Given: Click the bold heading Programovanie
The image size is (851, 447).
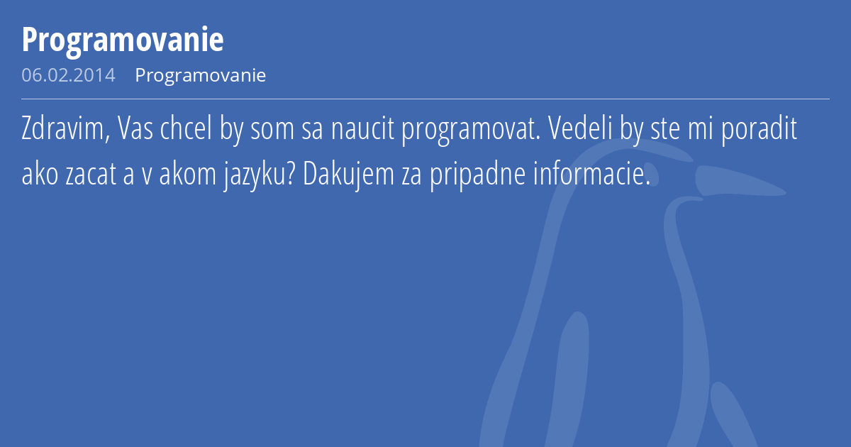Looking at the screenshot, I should [123, 40].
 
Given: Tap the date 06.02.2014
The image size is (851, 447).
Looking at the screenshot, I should [68, 75].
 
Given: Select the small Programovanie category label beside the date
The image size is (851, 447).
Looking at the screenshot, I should [201, 75].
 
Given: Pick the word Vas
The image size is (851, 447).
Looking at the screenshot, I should [133, 131].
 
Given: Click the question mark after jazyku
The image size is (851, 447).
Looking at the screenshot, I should [292, 175].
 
